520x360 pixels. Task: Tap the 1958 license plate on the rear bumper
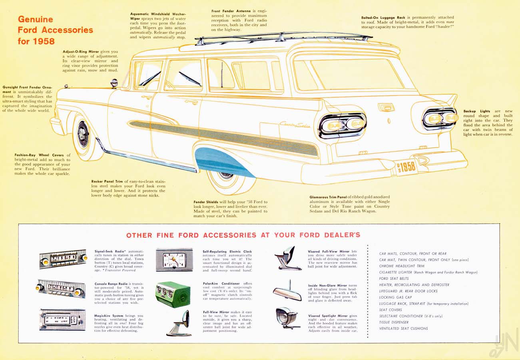[x=406, y=167]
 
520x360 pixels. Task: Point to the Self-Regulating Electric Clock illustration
[x=174, y=260]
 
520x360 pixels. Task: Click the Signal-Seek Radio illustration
[x=63, y=259]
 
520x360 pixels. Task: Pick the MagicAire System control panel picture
[x=62, y=320]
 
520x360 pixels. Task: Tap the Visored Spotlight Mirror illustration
[x=287, y=318]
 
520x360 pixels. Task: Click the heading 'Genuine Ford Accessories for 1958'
[x=55, y=30]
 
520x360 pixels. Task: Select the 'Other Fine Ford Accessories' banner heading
[x=243, y=235]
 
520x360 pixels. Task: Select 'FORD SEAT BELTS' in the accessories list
[x=394, y=278]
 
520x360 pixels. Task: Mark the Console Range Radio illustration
[x=61, y=288]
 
